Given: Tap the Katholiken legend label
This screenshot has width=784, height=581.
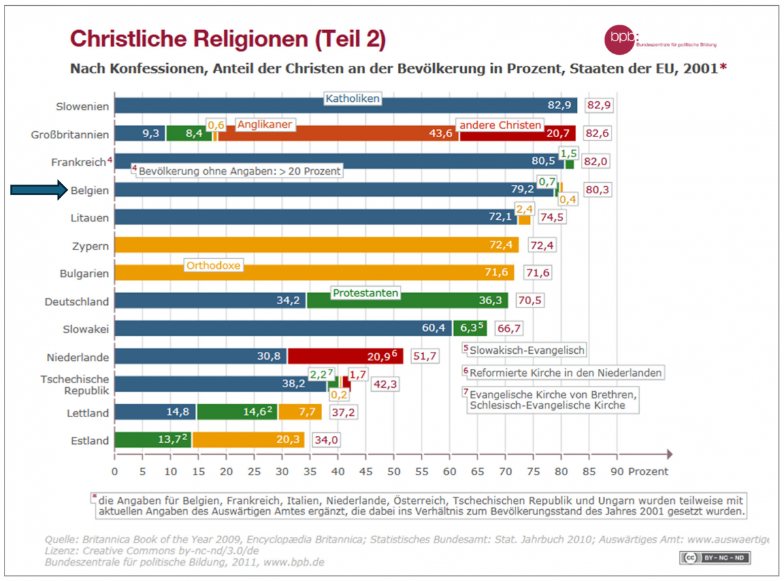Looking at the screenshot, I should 353,99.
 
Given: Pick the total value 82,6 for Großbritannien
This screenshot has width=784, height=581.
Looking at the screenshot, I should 599,133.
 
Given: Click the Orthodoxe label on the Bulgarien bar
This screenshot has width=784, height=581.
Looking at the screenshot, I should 214,266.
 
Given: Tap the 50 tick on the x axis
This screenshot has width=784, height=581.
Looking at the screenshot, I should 393,471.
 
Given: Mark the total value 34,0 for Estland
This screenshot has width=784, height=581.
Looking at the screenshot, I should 325,441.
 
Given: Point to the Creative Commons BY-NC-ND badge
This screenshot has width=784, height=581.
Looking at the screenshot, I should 716,557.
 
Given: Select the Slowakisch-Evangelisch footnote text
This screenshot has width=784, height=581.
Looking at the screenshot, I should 527,351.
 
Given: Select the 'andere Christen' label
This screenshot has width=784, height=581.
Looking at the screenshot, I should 500,125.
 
